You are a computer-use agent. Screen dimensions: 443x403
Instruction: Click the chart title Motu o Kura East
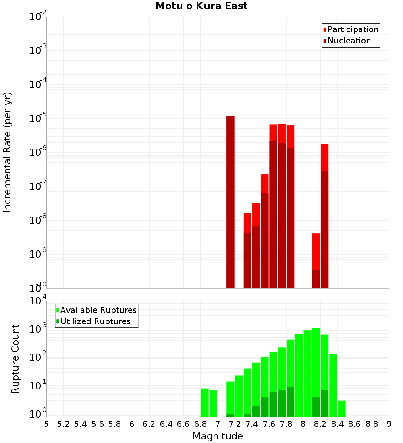pyautogui.click(x=201, y=6)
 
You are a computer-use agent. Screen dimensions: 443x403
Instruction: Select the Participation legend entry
pyautogui.click(x=353, y=30)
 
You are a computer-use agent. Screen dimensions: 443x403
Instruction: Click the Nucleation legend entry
pyautogui.click(x=349, y=41)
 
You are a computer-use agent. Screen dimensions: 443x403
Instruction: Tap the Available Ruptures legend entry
pyautogui.click(x=98, y=310)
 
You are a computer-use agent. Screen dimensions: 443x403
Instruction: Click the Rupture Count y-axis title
pyautogui.click(x=15, y=358)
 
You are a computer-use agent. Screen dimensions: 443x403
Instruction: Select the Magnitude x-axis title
pyautogui.click(x=218, y=436)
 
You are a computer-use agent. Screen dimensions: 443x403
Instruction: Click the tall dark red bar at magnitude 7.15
pyautogui.click(x=230, y=201)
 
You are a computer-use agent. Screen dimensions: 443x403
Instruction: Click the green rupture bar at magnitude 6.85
pyautogui.click(x=205, y=402)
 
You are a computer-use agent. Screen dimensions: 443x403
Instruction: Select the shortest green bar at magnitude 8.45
pyautogui.click(x=342, y=408)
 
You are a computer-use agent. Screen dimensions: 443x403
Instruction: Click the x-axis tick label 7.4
pyautogui.click(x=252, y=424)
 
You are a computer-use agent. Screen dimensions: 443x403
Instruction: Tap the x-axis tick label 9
pyautogui.click(x=389, y=424)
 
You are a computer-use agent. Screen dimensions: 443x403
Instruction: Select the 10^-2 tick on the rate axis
pyautogui.click(x=38, y=17)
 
